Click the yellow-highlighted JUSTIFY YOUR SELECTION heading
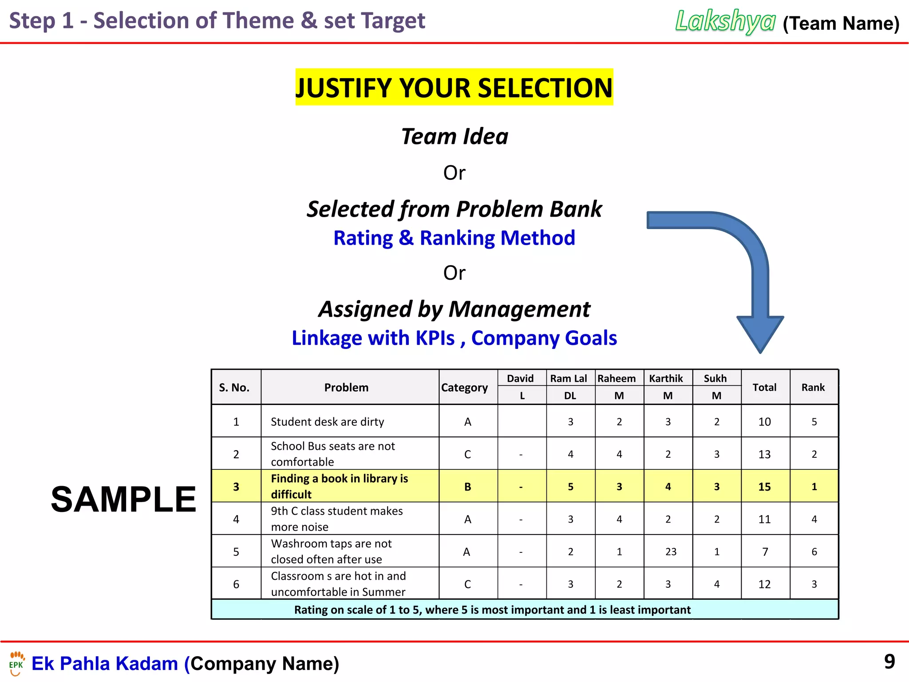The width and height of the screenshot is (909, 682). [454, 87]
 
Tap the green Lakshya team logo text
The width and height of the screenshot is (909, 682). [725, 21]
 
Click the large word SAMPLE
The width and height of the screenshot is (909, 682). [123, 499]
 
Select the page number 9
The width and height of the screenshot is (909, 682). [889, 662]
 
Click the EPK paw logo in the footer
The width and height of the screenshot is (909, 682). [16, 663]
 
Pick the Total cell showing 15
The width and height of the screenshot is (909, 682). [764, 487]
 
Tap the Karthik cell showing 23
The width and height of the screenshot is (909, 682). [671, 552]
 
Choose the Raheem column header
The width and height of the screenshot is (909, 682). [617, 378]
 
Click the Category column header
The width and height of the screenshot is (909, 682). [464, 388]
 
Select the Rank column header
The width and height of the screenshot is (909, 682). [813, 388]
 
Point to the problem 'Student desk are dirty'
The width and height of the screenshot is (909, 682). [327, 422]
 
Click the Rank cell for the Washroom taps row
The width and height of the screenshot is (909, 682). [814, 552]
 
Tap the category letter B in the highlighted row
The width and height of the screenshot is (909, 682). [467, 487]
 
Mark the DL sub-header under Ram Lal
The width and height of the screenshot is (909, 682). [570, 396]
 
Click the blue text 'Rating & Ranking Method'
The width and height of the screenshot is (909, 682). [454, 238]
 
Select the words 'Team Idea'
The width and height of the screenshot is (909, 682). [454, 136]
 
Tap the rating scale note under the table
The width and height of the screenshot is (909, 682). [492, 610]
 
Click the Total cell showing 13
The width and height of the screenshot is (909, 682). [764, 454]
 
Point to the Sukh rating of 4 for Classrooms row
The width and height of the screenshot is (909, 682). [716, 584]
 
